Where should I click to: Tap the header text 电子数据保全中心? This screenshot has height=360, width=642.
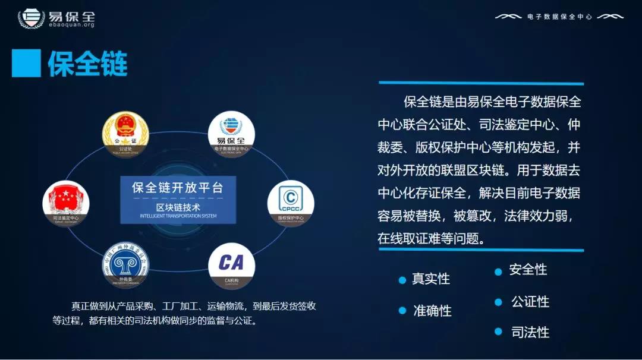click(x=559, y=17)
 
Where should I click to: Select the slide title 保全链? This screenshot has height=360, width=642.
click(x=87, y=63)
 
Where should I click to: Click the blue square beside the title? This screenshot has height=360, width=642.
click(x=26, y=63)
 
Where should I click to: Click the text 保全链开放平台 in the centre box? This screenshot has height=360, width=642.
click(x=178, y=188)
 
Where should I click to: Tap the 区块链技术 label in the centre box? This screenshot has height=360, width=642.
click(x=178, y=207)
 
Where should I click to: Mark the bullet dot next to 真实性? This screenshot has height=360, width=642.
click(x=402, y=279)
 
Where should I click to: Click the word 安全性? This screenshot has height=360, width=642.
click(x=528, y=270)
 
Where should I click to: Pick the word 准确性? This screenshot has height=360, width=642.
click(x=432, y=311)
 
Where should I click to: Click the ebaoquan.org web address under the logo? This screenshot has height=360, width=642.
click(x=71, y=25)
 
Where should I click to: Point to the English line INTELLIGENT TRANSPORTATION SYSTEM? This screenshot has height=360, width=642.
click(x=178, y=216)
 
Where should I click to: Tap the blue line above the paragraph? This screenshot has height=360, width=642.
click(x=481, y=83)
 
